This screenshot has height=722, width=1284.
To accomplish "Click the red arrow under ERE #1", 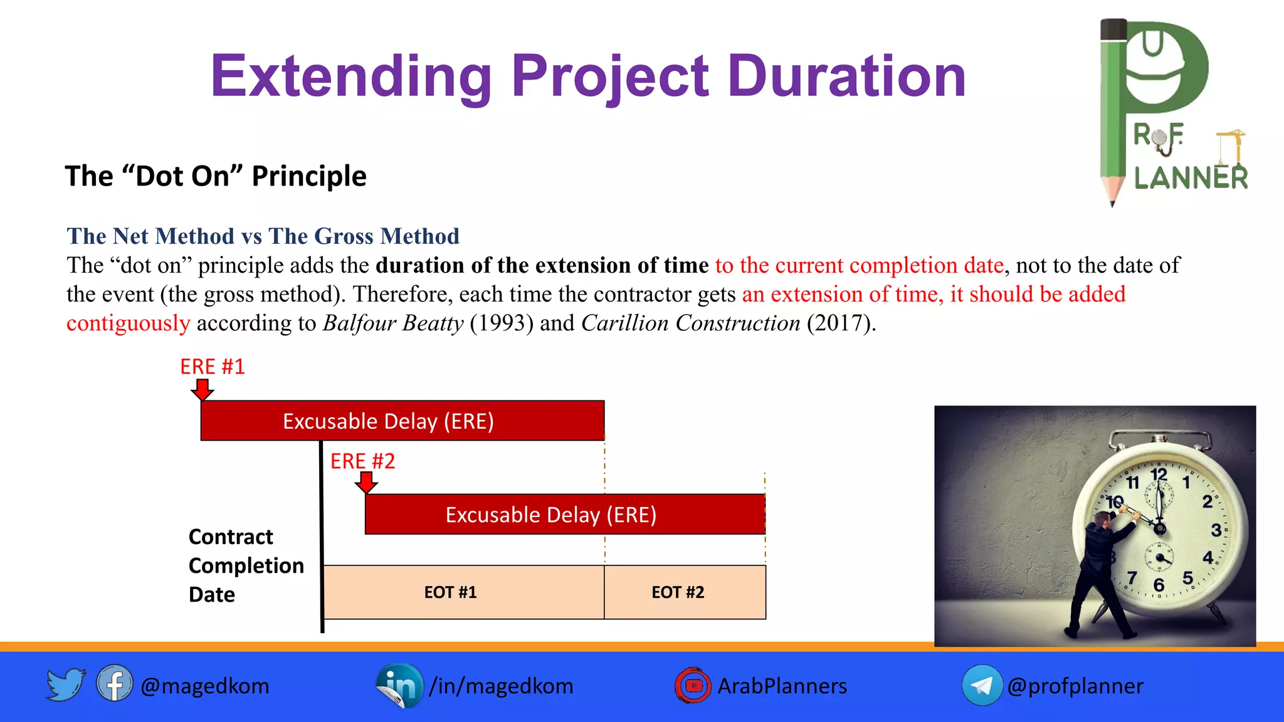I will tap(202, 389).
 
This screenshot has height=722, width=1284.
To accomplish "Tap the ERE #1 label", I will tap(213, 367).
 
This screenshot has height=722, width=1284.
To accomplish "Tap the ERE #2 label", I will tap(362, 461).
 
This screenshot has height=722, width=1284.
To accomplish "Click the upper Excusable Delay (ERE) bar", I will tap(402, 421).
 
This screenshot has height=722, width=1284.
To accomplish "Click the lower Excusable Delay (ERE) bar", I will tap(564, 515).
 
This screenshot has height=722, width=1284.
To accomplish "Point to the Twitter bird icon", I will tap(65, 684).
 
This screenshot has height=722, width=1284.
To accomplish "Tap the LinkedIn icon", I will tap(399, 685).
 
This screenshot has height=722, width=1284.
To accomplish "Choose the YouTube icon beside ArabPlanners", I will tap(693, 686).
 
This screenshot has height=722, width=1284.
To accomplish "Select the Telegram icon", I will tap(982, 686).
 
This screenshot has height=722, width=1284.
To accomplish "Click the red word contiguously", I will tap(129, 323).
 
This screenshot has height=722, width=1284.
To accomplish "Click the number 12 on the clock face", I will tap(1159, 474).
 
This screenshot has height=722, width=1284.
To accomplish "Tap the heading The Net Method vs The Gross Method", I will tap(263, 236).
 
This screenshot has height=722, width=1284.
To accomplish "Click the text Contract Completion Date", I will tap(246, 565).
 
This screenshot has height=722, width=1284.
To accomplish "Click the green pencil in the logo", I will tap(1113, 113).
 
